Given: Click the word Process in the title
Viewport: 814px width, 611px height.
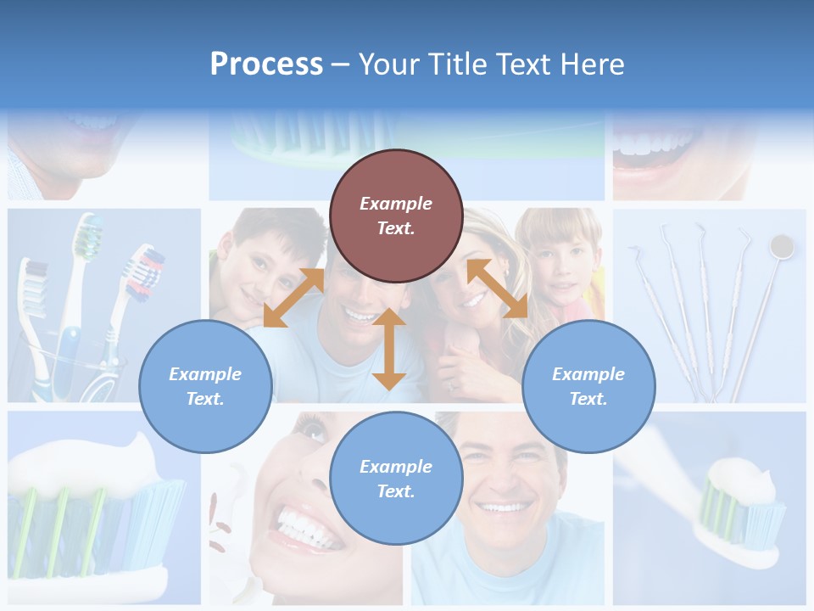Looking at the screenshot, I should tap(266, 64).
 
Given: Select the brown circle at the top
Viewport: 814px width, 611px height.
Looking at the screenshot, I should tap(396, 216).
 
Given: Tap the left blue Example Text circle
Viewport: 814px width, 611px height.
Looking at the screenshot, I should tap(205, 386).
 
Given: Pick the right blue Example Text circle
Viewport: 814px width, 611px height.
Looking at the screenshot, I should tap(588, 386).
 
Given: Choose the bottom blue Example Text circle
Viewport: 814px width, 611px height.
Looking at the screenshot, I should tap(396, 479).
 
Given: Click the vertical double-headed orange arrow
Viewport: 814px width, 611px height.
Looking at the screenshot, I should tap(388, 349).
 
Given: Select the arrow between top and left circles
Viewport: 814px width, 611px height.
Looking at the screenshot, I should tap(293, 297).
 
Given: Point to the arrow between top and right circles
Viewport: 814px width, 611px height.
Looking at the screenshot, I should tap(497, 289).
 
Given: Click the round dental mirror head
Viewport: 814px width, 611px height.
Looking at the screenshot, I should tap(781, 247).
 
